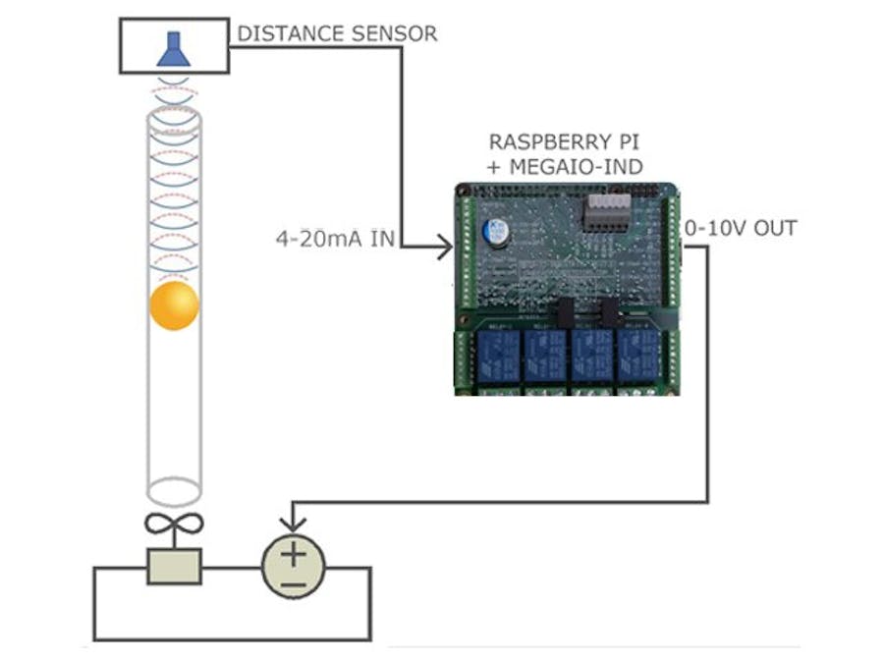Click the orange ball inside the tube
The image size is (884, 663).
(174, 305)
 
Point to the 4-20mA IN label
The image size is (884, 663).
(334, 238)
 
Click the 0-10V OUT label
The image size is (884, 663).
(741, 228)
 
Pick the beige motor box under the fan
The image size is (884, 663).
(174, 566)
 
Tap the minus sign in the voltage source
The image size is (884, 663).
(293, 585)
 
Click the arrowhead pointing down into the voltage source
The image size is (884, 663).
(293, 525)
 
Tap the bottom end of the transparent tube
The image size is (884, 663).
(174, 490)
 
